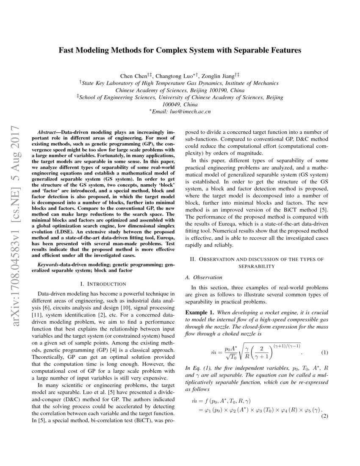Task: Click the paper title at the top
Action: (x=180, y=50)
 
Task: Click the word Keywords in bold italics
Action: (x=48, y=264)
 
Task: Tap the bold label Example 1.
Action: (x=200, y=312)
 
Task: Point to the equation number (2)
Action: (x=325, y=416)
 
